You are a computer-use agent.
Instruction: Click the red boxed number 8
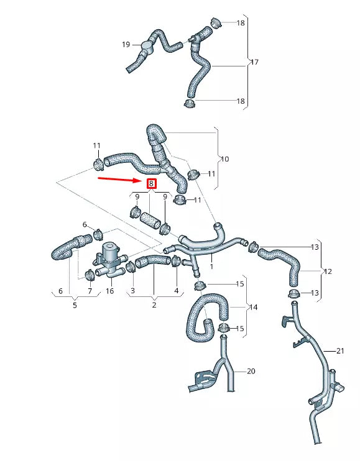151,184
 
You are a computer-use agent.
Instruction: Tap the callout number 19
126,45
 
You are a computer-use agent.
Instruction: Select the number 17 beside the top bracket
254,63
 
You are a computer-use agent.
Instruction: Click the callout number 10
224,160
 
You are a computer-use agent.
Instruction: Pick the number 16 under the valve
109,291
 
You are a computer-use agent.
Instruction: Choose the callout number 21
340,351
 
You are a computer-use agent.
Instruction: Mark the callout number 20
251,372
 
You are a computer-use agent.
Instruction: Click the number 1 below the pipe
212,266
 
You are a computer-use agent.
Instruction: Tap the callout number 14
253,307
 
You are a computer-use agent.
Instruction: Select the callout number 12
328,272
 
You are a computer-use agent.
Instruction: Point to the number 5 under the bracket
75,305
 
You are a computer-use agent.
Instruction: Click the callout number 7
90,291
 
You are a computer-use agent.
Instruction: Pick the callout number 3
132,291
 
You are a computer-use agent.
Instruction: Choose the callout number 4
176,291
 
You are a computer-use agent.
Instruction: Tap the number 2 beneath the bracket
154,305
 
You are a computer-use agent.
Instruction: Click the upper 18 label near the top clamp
241,23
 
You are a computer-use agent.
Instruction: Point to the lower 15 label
240,328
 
